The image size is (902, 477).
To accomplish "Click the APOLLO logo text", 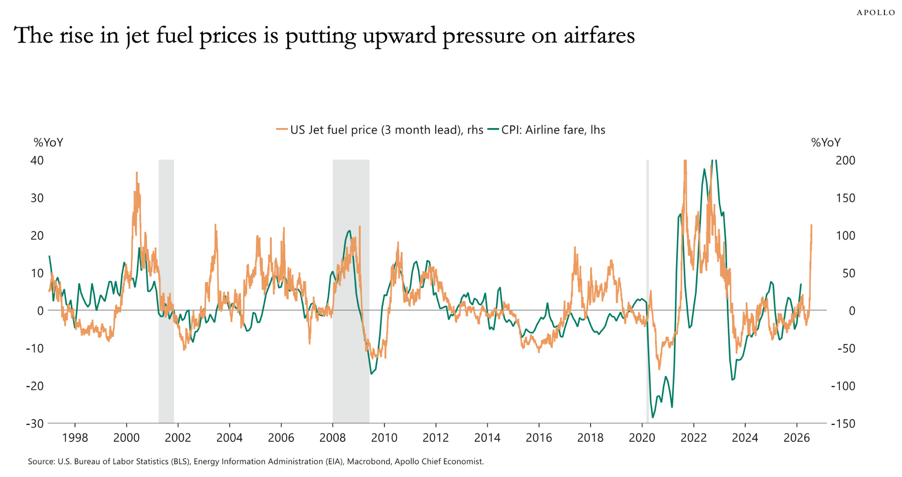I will tap(876, 13).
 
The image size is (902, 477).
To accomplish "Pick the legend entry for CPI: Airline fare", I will tap(548, 130).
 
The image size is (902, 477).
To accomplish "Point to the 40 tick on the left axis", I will tap(37, 160).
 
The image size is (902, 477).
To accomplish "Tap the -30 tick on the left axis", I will tap(35, 423).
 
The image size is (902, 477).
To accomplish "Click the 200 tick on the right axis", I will tap(845, 160).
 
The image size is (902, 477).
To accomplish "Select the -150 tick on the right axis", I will tap(843, 423).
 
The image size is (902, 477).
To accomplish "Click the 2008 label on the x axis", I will tap(333, 437).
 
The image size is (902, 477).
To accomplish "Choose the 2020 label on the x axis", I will tap(642, 437).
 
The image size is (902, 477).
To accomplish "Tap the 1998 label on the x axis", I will tap(75, 437).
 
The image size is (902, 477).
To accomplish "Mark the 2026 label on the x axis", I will tap(796, 437).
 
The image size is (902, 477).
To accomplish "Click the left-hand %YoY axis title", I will tap(48, 143).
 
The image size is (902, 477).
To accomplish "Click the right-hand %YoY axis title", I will tap(826, 143).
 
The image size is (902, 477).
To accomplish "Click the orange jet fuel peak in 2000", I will tap(137, 173).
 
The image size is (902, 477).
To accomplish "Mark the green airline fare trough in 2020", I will tap(653, 417).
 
